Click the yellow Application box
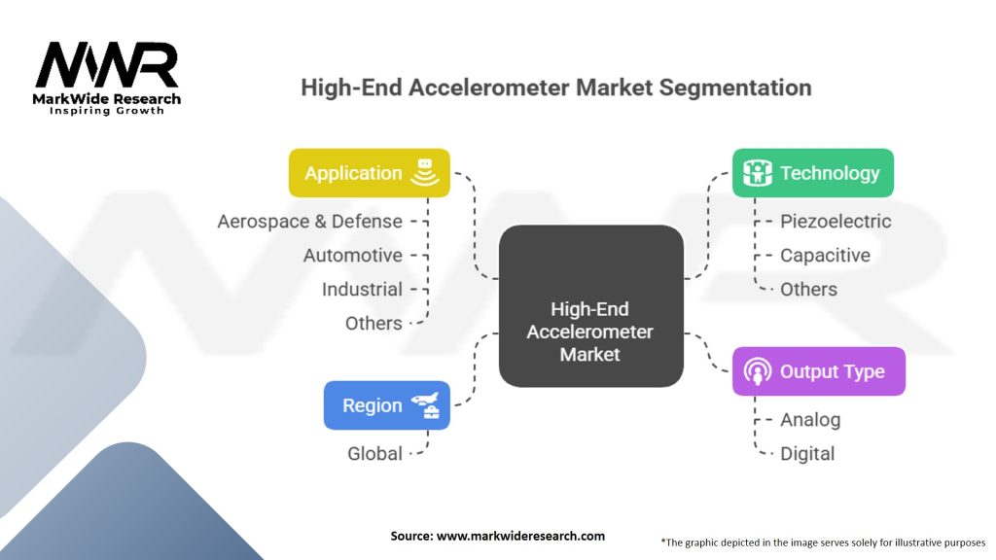pyautogui.click(x=369, y=173)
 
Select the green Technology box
pyautogui.click(x=812, y=173)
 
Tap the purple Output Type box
pyautogui.click(x=818, y=371)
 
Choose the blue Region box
pyautogui.click(x=387, y=405)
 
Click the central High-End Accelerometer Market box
pyautogui.click(x=590, y=306)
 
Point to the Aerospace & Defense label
pyautogui.click(x=310, y=221)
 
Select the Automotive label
pyautogui.click(x=352, y=256)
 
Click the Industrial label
pyautogui.click(x=362, y=290)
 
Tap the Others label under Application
pyautogui.click(x=373, y=323)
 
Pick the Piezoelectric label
pyautogui.click(x=836, y=221)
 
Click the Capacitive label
pyautogui.click(x=825, y=256)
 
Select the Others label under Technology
pyautogui.click(x=808, y=290)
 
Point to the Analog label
pyautogui.click(x=810, y=420)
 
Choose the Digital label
pyautogui.click(x=807, y=453)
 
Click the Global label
pyautogui.click(x=374, y=453)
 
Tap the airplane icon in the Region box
pyautogui.click(x=425, y=401)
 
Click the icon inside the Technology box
pyautogui.click(x=757, y=173)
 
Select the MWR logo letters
pyautogui.click(x=107, y=65)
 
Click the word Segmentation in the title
pyautogui.click(x=735, y=87)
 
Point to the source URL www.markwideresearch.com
pyautogui.click(x=520, y=536)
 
